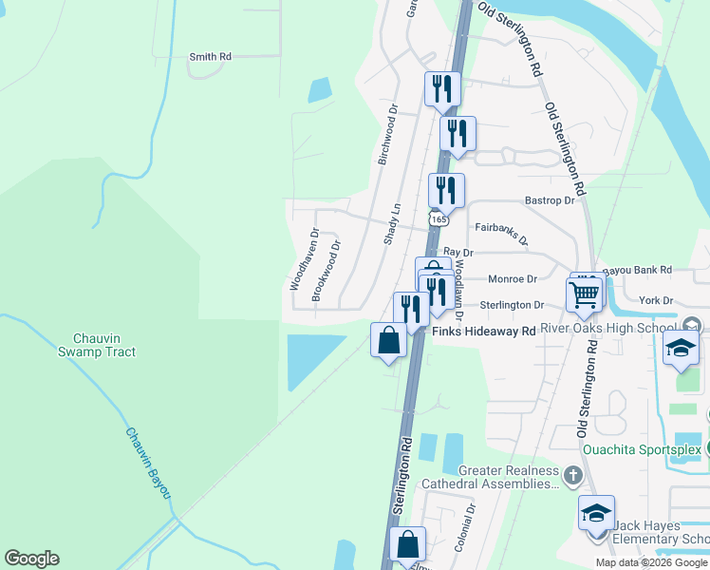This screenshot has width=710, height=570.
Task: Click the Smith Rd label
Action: (x=210, y=57)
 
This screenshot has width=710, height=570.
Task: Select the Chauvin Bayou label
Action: (x=149, y=461)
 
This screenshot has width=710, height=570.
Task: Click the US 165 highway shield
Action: (x=438, y=219)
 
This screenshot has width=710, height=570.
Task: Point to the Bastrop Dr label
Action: (x=551, y=201)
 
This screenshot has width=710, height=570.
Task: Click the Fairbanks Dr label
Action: (x=501, y=230)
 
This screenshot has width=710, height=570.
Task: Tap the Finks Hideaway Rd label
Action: (x=484, y=332)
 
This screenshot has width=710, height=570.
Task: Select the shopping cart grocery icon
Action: (x=585, y=294)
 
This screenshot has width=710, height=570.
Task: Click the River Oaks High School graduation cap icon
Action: (x=682, y=350)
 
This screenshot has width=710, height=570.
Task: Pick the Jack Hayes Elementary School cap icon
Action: (x=596, y=514)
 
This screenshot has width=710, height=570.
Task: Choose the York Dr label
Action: (x=656, y=300)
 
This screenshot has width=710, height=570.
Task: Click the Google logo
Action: (x=31, y=559)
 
